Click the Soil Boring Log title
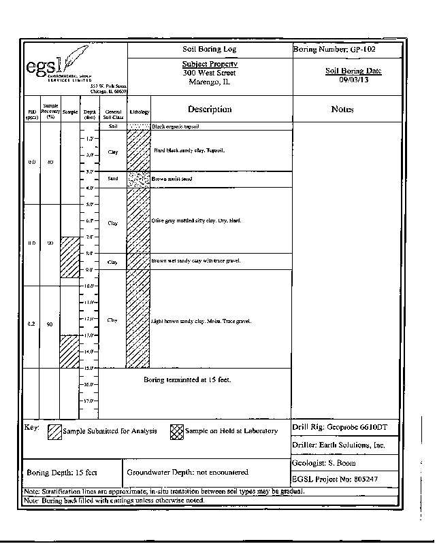[209, 50]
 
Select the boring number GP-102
[334, 50]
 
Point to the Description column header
[210, 109]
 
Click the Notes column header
[342, 109]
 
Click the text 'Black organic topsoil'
[184, 127]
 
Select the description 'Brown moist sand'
[172, 179]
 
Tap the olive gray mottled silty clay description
[196, 222]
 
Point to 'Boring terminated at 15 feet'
[187, 379]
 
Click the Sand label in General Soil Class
[113, 179]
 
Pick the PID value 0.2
[31, 324]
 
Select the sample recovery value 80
[50, 163]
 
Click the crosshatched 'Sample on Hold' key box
[176, 431]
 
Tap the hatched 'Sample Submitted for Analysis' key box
[54, 431]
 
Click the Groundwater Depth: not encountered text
[187, 472]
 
